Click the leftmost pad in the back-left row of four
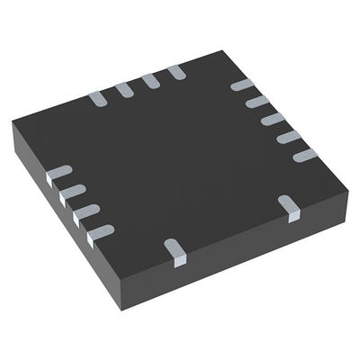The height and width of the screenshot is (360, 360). coord(96,94)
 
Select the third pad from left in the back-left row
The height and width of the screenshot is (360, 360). coord(149,81)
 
